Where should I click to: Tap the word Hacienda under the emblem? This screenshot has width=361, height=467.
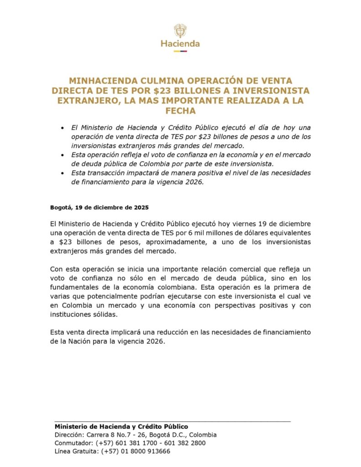coord(180,44)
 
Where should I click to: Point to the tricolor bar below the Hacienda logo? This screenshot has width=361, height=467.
coord(180,51)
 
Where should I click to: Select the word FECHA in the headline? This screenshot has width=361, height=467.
coord(180,111)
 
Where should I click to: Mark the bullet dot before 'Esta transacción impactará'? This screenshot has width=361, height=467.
coord(62,173)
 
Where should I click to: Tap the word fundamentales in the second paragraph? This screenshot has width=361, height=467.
coord(74,288)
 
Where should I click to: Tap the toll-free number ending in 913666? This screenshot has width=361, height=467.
coord(136,451)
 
